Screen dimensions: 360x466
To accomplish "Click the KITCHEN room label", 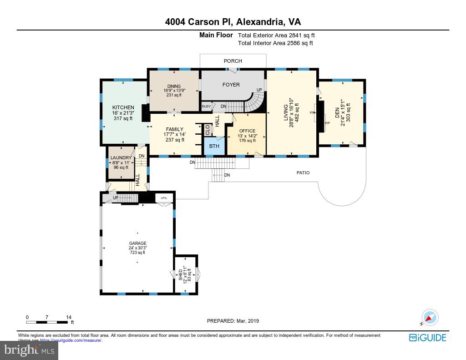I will coord(123,107).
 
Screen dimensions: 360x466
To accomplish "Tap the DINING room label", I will coord(174,86).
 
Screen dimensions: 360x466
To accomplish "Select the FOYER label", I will coord(231,85).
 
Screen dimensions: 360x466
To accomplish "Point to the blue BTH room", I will coord(214,146).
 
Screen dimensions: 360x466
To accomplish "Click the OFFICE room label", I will coord(247,131).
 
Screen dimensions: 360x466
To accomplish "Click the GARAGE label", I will coord(137,243).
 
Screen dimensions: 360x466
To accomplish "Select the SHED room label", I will coord(181,274).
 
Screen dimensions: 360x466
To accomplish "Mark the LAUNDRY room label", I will coord(121,158).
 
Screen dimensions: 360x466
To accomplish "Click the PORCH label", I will coord(233,61).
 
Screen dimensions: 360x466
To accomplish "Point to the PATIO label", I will coord(303,173).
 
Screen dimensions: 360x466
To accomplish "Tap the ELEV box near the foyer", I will coord(206,106).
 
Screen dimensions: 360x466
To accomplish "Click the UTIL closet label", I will coord(164,198).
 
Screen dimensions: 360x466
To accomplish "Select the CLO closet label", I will coord(208,130).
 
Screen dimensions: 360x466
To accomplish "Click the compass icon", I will coord(429,318).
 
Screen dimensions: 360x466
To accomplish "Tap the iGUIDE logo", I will coord(427,338).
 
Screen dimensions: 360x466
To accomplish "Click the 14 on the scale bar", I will coord(68,317).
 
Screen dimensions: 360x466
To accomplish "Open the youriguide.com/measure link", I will coord(70,340).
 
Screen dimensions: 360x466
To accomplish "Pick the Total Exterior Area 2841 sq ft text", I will coord(276,35).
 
